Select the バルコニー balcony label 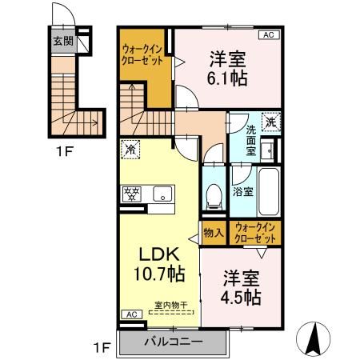(x=173, y=342)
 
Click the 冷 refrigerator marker (x=130, y=148)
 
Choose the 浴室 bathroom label (x=242, y=192)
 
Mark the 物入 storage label (x=213, y=233)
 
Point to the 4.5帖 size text (x=241, y=297)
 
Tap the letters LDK (x=158, y=253)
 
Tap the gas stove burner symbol (x=130, y=192)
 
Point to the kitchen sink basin (x=162, y=192)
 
